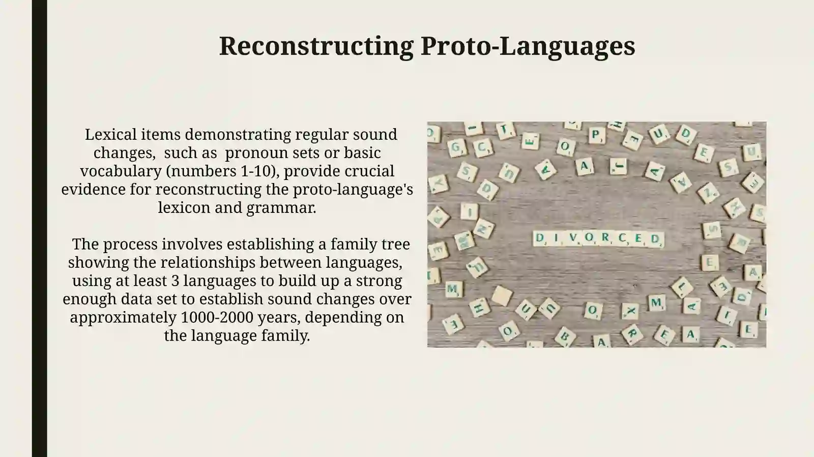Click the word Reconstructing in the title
(x=316, y=46)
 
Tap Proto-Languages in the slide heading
(x=528, y=46)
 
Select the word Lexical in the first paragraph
(x=110, y=134)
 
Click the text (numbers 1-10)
(x=222, y=171)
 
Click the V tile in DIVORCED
(x=573, y=238)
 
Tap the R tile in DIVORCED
(x=605, y=238)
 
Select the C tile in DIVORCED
(x=622, y=238)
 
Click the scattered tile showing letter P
(x=596, y=135)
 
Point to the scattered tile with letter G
(x=456, y=147)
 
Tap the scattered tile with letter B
(x=565, y=337)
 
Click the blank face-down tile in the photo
(x=502, y=295)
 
